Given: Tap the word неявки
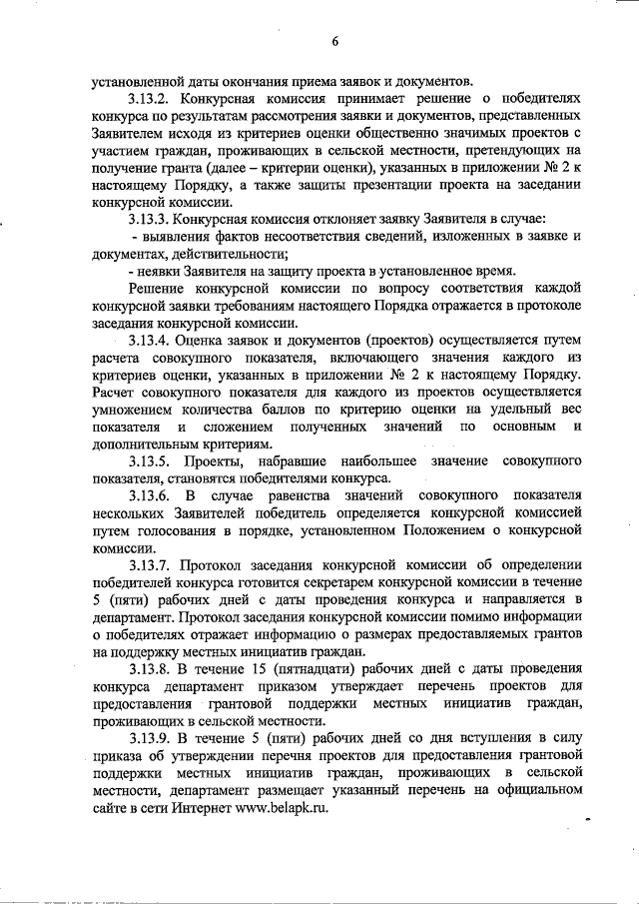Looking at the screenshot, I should click(x=163, y=271).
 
